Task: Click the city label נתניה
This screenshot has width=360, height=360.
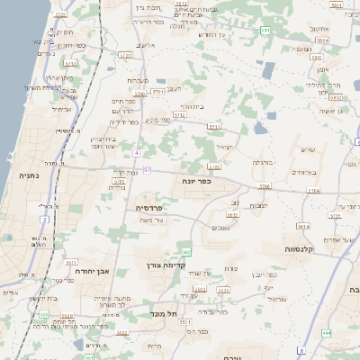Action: (x=29, y=175)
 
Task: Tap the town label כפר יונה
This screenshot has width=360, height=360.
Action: (x=208, y=180)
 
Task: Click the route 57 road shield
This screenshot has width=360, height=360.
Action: (x=147, y=169)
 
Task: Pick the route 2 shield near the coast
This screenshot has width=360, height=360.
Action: (x=44, y=219)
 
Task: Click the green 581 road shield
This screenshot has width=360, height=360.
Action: (x=265, y=31)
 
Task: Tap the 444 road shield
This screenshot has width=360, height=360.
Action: (x=326, y=333)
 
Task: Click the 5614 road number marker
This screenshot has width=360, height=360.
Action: (x=304, y=228)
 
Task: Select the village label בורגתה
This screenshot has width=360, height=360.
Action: (x=261, y=162)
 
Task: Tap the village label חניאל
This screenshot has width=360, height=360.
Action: (x=224, y=146)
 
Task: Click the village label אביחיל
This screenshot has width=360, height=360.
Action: (x=61, y=109)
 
